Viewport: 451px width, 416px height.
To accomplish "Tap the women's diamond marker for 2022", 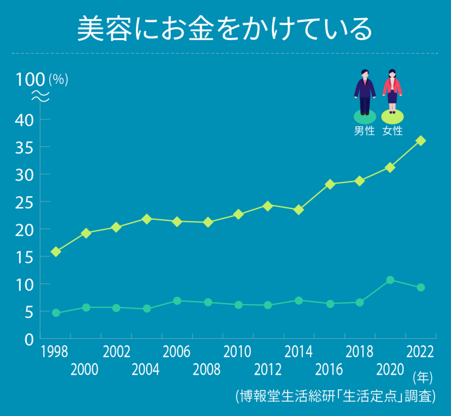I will point(421,140).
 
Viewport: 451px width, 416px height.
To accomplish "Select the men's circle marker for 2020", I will point(390,280).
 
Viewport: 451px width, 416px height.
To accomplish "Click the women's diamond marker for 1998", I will point(56,251).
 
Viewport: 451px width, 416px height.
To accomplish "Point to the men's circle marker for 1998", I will point(56,313).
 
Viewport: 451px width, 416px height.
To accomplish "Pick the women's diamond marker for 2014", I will point(299,210).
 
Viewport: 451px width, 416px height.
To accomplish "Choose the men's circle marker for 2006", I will point(177,301).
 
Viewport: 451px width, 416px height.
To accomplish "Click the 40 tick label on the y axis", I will point(24,120).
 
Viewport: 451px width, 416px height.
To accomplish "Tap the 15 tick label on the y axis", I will point(24,257).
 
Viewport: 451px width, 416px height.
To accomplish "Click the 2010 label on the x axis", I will point(237,352).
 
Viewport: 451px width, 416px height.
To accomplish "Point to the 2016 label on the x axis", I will point(329,370).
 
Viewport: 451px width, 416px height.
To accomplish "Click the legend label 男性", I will point(364,131).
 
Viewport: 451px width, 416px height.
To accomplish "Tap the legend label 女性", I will point(392,131).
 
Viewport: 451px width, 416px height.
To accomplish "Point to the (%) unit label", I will point(59,79).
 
